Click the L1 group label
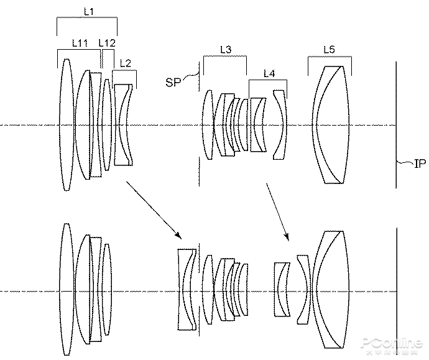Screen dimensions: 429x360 89,11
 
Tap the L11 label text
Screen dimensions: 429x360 80,43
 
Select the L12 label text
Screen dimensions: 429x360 107,43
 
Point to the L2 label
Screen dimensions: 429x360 126,63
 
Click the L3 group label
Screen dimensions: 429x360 226,49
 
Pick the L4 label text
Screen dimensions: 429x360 269,73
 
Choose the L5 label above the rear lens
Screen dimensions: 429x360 329,50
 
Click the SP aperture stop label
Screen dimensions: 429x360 173,82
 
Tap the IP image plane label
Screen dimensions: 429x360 420,164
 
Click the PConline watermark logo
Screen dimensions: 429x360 392,344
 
